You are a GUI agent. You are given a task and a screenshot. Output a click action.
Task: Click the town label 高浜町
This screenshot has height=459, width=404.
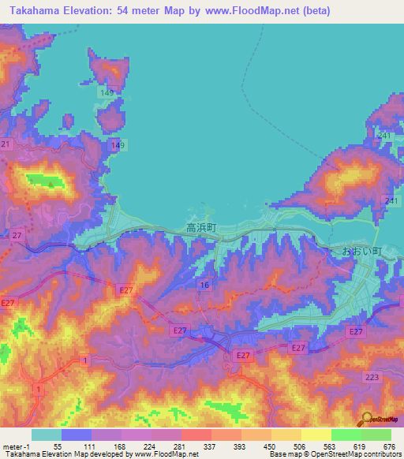tap(201, 227)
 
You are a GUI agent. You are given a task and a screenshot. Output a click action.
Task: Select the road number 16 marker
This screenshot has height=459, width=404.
tap(204, 285)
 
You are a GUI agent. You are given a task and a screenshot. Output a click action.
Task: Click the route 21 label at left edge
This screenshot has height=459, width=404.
tap(6, 144)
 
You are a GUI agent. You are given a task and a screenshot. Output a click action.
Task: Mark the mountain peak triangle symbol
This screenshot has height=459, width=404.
tap(50, 185)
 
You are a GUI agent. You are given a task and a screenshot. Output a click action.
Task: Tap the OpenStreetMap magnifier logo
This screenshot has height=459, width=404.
tap(366, 420)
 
